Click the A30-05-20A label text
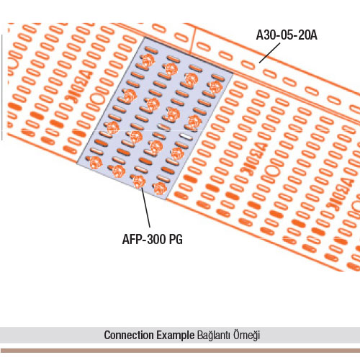(x=287, y=35)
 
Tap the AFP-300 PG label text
(x=153, y=239)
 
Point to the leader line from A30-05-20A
(x=269, y=53)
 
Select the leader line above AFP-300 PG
(x=145, y=207)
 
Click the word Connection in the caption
(x=129, y=335)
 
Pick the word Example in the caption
(x=176, y=336)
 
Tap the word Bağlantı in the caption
(x=214, y=336)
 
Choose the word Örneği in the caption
(x=246, y=336)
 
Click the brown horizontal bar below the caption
(x=180, y=351)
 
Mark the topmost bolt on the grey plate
(x=148, y=60)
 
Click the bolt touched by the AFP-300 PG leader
(x=139, y=181)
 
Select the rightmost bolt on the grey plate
(x=216, y=87)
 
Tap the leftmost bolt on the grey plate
(x=96, y=163)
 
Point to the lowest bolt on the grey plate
(x=160, y=188)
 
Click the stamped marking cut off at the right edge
(x=340, y=195)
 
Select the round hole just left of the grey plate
(x=98, y=99)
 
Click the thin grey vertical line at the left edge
(x=2, y=87)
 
